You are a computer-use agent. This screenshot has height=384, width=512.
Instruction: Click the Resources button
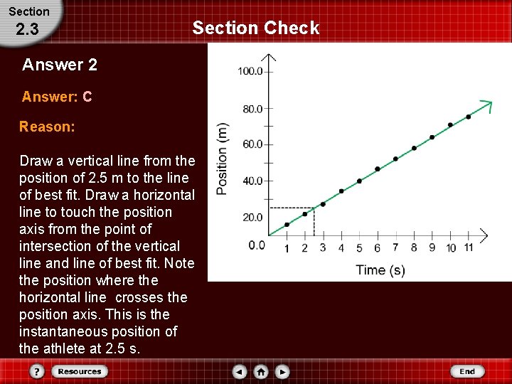click(79, 371)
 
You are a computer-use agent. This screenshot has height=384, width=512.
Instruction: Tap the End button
click(466, 371)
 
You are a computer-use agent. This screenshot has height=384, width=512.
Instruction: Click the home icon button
click(262, 371)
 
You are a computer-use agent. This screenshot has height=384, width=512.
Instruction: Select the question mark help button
click(38, 371)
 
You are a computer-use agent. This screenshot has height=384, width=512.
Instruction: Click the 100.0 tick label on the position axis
click(250, 71)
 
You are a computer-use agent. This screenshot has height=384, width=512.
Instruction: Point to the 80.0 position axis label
click(252, 109)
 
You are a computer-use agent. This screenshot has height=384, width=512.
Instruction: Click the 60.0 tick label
click(252, 144)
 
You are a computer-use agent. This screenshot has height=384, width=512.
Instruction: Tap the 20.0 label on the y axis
click(252, 218)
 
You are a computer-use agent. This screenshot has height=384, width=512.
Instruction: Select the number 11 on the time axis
click(469, 247)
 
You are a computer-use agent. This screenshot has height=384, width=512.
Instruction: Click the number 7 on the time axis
click(395, 247)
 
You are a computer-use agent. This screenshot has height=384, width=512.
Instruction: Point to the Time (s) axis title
click(380, 270)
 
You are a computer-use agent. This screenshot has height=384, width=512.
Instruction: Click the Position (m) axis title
click(223, 160)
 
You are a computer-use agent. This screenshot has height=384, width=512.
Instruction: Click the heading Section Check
click(256, 28)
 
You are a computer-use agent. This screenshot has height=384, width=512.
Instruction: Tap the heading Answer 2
click(60, 65)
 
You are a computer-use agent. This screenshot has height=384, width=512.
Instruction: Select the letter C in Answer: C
click(87, 97)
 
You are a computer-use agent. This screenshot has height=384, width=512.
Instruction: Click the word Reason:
click(47, 127)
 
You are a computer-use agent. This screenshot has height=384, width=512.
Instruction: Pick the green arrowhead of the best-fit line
click(486, 105)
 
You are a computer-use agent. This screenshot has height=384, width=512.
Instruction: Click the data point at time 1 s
click(287, 225)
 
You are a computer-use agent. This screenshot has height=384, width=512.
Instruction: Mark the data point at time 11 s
click(469, 117)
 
